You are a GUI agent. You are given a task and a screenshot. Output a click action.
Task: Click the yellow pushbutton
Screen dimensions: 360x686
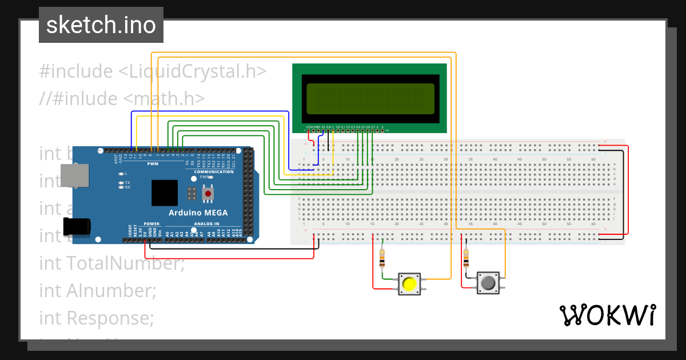point(409,283)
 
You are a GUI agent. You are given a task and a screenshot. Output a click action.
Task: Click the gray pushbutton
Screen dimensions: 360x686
point(488,283)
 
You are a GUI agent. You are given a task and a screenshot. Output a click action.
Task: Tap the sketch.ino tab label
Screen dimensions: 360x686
point(101,25)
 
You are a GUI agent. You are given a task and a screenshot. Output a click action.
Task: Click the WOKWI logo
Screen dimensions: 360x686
point(607,315)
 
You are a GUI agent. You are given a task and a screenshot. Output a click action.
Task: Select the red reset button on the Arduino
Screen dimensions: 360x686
point(208,194)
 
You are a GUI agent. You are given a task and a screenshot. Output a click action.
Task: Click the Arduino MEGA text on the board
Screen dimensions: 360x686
point(198,213)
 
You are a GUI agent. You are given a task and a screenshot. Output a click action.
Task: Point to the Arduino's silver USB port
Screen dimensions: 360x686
point(74,175)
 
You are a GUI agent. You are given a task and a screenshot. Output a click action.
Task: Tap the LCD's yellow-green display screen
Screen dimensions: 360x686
point(370,98)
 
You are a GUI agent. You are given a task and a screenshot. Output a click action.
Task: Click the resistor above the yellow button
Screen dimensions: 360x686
point(382,258)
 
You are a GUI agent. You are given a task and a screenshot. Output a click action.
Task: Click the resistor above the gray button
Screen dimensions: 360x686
point(466,258)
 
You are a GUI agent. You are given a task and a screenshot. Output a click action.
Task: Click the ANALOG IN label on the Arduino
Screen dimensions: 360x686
point(206,223)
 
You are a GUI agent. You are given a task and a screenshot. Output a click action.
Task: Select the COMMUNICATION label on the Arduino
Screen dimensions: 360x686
point(214,171)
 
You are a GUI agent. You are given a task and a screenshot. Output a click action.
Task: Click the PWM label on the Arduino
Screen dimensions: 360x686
point(153,164)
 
